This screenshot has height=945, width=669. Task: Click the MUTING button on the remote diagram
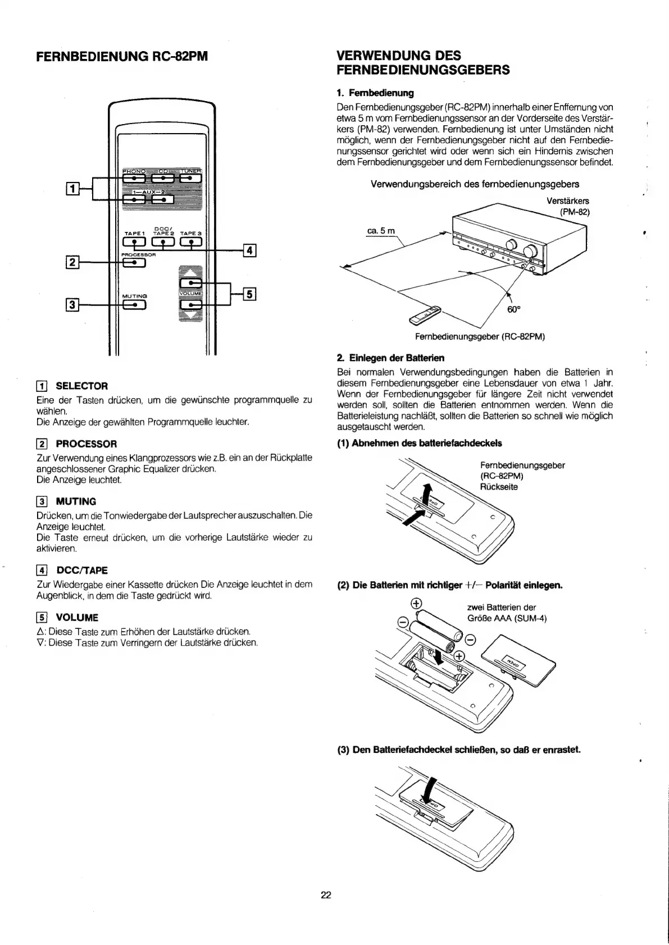pyautogui.click(x=134, y=305)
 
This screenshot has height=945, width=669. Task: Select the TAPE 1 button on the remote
pyautogui.click(x=134, y=243)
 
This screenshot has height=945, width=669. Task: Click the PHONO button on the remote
pyautogui.click(x=134, y=179)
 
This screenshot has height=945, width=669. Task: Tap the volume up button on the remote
pyautogui.click(x=190, y=284)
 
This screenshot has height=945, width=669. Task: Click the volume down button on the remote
pyautogui.click(x=190, y=305)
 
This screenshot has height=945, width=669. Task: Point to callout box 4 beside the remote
pyautogui.click(x=249, y=250)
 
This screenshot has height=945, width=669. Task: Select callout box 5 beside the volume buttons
pyautogui.click(x=249, y=294)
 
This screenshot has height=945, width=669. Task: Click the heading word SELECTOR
pyautogui.click(x=82, y=386)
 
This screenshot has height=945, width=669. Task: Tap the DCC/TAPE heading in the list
pyautogui.click(x=82, y=570)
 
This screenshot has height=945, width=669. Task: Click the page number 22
pyautogui.click(x=326, y=895)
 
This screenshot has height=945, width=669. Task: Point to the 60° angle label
pyautogui.click(x=512, y=309)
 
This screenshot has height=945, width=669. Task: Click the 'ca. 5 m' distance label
pyautogui.click(x=381, y=231)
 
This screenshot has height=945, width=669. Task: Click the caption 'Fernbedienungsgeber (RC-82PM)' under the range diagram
pyautogui.click(x=480, y=337)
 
